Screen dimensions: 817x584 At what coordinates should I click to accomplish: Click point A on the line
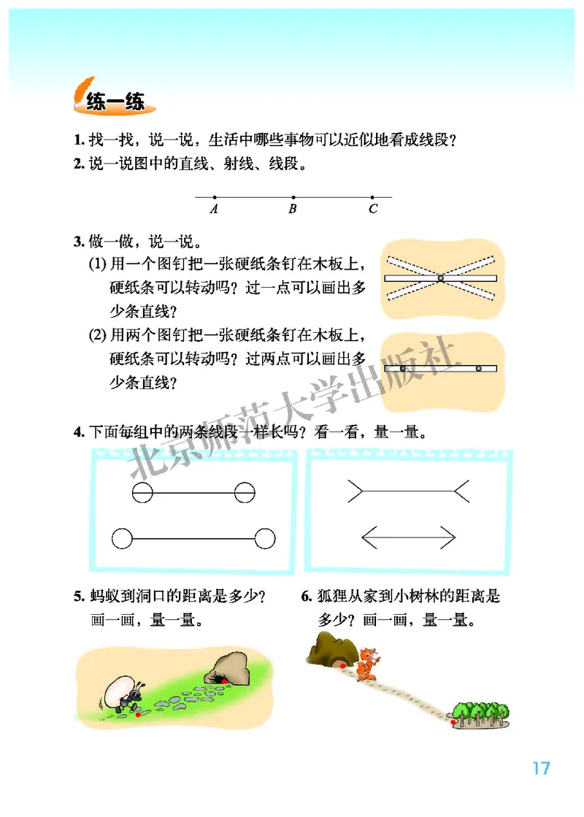coord(214,197)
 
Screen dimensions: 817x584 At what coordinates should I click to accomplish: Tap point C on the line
coord(372,197)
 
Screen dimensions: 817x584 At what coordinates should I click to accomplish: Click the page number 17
coord(540,768)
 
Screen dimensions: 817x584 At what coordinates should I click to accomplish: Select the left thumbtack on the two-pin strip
coord(402,368)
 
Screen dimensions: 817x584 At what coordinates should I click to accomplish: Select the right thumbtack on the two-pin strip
coord(478,368)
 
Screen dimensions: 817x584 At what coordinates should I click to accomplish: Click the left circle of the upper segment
coord(142,494)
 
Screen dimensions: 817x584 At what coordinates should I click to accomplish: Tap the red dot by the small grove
coord(454,721)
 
